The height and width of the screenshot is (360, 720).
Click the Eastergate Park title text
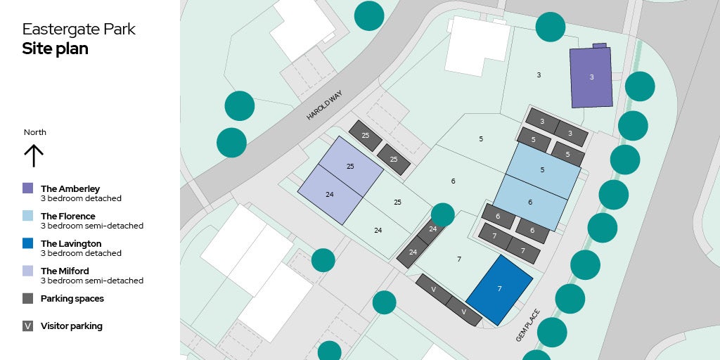pos(79,30)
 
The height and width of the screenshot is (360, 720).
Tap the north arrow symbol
pos(34,155)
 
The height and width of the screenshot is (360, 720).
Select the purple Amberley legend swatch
pos(28,188)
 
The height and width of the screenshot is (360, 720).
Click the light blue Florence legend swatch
pos(28,216)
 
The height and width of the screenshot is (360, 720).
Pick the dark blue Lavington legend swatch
pos(28,243)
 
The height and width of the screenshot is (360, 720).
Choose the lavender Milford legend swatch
pos(28,271)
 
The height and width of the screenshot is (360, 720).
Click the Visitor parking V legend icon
pos(28,326)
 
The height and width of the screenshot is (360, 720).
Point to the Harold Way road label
pos(323,105)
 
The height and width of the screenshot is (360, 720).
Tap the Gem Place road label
pos(527,325)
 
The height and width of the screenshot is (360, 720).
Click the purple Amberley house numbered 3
pos(591,77)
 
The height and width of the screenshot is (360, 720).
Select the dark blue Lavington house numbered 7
pos(499,290)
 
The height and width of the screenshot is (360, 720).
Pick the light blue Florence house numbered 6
pos(530,202)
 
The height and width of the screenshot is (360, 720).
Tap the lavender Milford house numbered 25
pos(350,167)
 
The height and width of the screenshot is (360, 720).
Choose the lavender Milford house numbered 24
pos(329,194)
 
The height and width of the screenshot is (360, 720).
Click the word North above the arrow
pos(35,132)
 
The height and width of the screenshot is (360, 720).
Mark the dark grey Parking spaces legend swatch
pos(28,298)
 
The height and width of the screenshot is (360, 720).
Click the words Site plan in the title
pos(55,49)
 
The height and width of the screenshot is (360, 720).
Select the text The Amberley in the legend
pos(70,188)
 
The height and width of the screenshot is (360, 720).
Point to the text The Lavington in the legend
pos(71,243)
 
